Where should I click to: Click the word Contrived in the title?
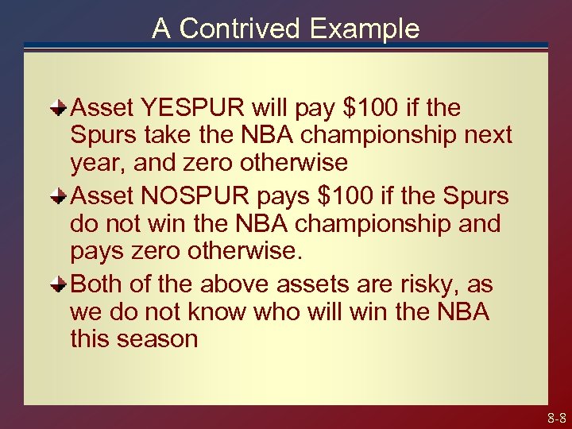click(242, 29)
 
